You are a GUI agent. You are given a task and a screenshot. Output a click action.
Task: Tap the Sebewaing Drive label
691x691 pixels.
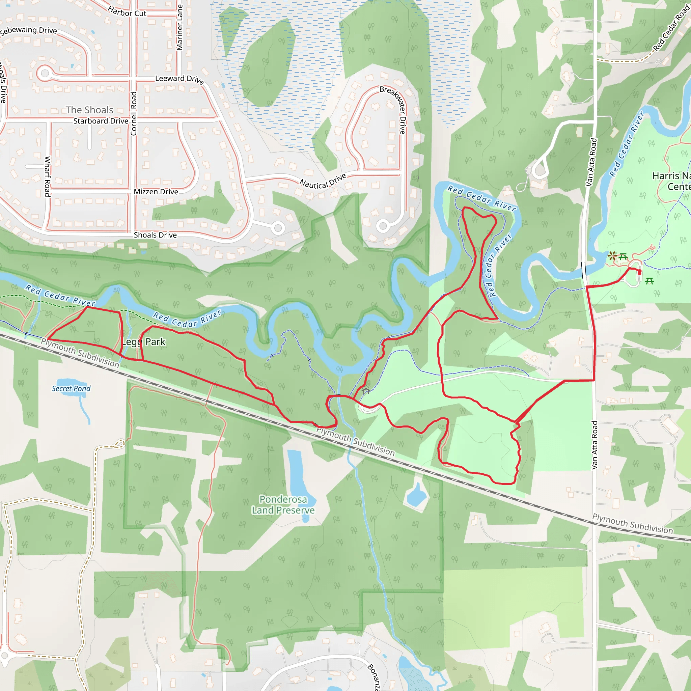pyautogui.click(x=29, y=30)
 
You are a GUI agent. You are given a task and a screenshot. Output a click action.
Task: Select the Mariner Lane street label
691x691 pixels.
pyautogui.click(x=179, y=27)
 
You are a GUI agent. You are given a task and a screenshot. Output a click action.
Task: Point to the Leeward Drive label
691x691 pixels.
pyautogui.click(x=179, y=79)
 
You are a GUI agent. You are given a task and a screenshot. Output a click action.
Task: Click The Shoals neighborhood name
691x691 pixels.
pyautogui.click(x=89, y=110)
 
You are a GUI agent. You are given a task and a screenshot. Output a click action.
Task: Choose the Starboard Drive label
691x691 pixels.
pyautogui.click(x=101, y=121)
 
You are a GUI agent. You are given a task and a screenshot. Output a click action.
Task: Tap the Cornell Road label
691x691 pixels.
pyautogui.click(x=134, y=113)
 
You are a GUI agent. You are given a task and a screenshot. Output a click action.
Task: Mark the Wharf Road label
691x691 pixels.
pyautogui.click(x=47, y=176)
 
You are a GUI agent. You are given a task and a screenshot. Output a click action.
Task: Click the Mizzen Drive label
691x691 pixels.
pyautogui.click(x=156, y=192)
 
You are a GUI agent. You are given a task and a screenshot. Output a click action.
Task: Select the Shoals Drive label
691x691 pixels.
pyautogui.click(x=155, y=235)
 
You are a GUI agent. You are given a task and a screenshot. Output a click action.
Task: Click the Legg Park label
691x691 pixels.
pyautogui.click(x=144, y=342)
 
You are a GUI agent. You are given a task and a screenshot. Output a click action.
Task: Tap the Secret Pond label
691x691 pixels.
pyautogui.click(x=71, y=388)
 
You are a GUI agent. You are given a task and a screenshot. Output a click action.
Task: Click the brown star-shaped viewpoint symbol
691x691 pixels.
pyautogui.click(x=612, y=256)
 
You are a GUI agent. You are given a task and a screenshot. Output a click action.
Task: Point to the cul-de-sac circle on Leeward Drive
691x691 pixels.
pyautogui.click(x=45, y=74)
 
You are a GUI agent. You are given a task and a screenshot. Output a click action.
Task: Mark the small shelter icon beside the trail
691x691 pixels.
pyautogui.click(x=366, y=391)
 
